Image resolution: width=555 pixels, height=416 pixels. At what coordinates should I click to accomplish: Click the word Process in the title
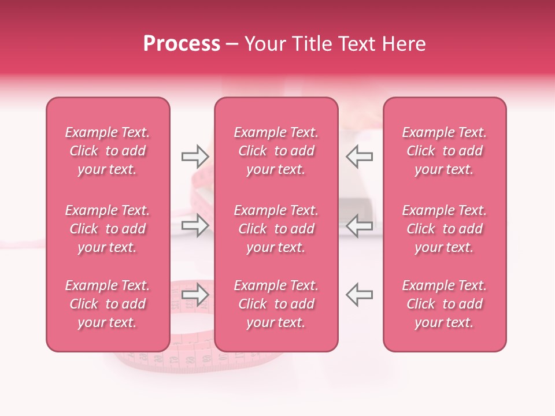(x=182, y=44)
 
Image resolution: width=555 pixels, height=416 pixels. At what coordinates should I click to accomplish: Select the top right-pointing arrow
(x=195, y=156)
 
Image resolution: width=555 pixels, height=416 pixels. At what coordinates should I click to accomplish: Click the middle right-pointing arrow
(x=195, y=225)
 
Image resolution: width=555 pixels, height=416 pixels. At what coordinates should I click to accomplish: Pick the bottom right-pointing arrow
(x=195, y=294)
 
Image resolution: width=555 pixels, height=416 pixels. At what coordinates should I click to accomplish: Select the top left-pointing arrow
(x=360, y=156)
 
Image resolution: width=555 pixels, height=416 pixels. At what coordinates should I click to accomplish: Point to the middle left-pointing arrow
(x=360, y=225)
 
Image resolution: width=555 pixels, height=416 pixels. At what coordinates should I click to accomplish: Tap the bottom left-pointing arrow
(x=360, y=294)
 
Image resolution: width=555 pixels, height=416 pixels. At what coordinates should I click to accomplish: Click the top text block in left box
(x=108, y=151)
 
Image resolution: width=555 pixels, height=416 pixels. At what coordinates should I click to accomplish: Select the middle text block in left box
(x=108, y=229)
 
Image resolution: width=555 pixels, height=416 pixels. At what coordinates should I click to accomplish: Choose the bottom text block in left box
(x=108, y=304)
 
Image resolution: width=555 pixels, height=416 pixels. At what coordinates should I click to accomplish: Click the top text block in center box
(x=276, y=151)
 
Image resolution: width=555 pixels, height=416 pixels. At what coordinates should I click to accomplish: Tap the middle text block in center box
(x=276, y=229)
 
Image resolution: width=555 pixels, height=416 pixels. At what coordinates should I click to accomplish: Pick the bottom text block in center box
(x=276, y=304)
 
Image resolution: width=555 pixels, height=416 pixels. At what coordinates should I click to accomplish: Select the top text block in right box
(x=445, y=151)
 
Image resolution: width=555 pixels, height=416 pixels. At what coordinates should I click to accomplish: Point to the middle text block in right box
(x=445, y=229)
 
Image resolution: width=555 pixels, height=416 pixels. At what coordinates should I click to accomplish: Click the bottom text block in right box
(x=445, y=304)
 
